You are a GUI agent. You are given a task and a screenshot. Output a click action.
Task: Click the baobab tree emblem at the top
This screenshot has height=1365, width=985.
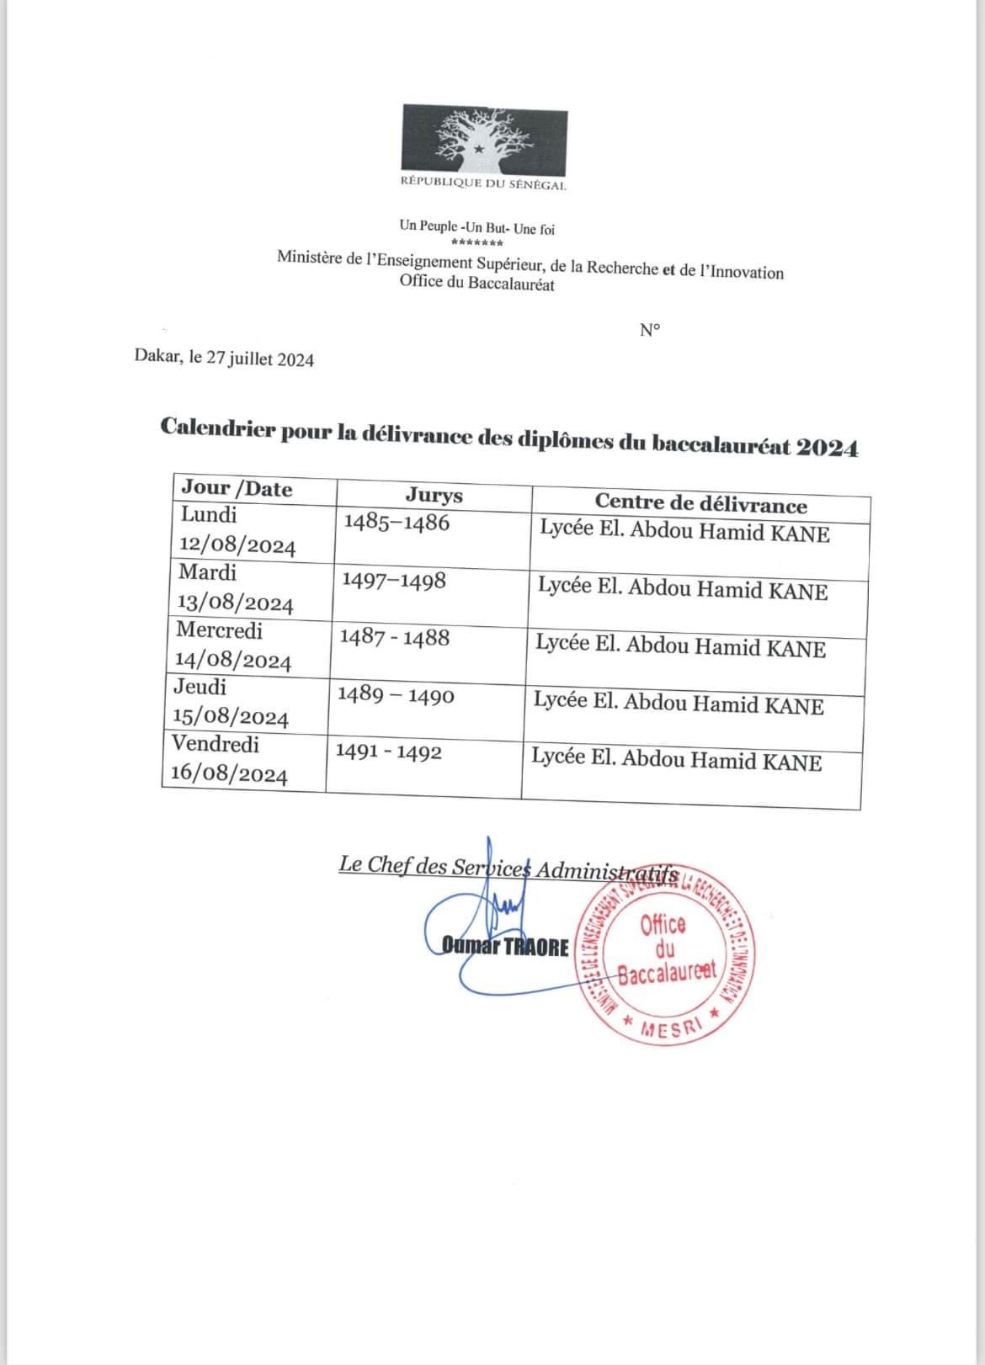tap(484, 139)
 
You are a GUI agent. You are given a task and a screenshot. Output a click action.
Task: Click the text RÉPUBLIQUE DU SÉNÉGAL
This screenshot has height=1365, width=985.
tap(483, 184)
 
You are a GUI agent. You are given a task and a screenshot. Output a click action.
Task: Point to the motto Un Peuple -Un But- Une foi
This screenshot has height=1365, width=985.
tap(477, 228)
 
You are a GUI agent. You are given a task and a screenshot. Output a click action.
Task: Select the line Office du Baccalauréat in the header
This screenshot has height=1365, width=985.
tap(477, 284)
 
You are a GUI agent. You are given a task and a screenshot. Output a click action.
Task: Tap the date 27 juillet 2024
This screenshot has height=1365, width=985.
tap(260, 359)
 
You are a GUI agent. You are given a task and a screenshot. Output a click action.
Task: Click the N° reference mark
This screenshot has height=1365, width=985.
tap(649, 330)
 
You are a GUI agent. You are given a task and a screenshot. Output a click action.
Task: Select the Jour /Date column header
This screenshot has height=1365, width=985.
tap(237, 489)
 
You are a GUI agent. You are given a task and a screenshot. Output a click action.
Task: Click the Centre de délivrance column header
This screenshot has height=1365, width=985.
tap(700, 503)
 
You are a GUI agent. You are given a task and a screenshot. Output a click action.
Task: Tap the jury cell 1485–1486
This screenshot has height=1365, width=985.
tap(397, 523)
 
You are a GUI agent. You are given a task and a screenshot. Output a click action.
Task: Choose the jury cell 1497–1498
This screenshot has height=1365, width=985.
tap(394, 581)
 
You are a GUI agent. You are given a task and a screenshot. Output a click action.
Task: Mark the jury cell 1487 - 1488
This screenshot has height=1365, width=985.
tap(394, 637)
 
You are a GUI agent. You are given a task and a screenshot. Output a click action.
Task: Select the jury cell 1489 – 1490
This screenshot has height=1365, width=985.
tap(395, 695)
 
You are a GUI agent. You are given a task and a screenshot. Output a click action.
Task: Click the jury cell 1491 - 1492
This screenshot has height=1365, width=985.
tap(388, 752)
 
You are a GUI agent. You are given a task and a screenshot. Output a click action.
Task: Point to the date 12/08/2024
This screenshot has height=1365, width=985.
tap(237, 546)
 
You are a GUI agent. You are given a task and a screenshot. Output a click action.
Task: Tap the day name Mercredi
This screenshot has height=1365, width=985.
tap(219, 629)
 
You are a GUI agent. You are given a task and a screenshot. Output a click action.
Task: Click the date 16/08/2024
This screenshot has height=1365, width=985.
tap(229, 774)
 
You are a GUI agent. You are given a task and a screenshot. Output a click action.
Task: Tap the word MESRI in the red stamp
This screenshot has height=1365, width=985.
tap(670, 1028)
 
